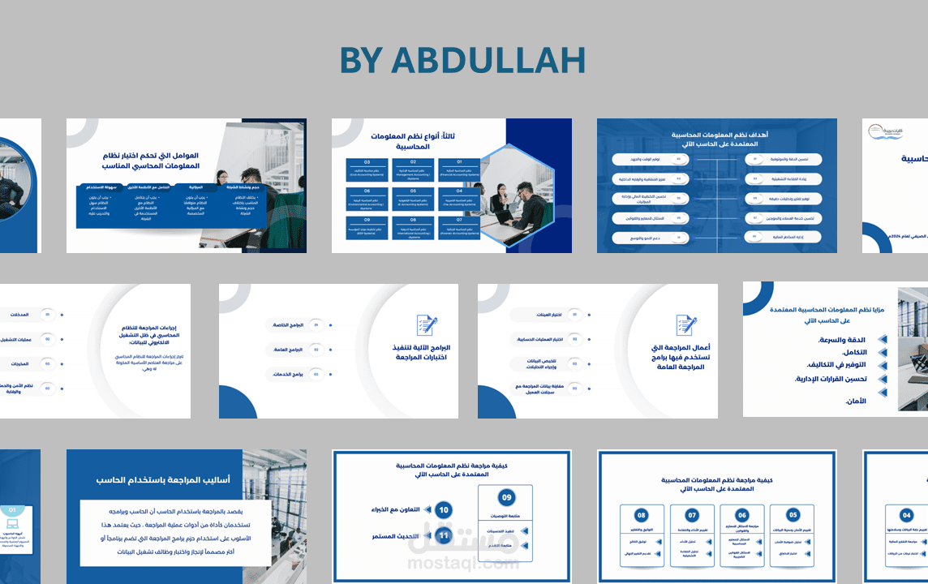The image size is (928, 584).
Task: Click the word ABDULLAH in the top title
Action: tap(488, 61)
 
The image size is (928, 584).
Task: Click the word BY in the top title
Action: tap(362, 61)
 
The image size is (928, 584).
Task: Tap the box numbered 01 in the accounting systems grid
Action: tap(458, 170)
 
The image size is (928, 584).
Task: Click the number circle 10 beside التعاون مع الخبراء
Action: tap(443, 510)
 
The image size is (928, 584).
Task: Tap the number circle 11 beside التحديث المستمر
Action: tap(443, 536)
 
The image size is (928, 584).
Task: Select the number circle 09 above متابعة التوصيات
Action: tap(507, 497)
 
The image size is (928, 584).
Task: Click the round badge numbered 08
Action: tap(641, 515)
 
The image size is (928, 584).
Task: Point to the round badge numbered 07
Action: tap(692, 515)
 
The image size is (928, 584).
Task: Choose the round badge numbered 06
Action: tap(742, 515)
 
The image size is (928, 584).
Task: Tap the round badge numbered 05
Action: tap(793, 515)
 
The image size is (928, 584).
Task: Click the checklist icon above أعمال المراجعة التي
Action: tap(686, 326)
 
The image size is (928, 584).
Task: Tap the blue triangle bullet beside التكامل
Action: tap(883, 353)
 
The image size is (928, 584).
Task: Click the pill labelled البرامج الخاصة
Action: tap(288, 325)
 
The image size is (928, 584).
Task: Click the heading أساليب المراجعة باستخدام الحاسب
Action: tap(162, 480)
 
